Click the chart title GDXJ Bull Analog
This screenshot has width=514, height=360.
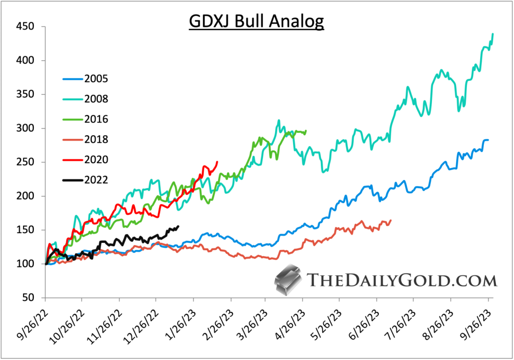point(257,21)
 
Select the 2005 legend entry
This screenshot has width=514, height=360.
point(96,78)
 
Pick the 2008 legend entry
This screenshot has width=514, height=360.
point(96,99)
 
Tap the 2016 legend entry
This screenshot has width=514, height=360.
point(96,119)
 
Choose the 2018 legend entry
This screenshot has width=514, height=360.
point(96,139)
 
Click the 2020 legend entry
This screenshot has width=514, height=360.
point(96,160)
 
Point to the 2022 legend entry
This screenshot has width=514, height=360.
point(96,180)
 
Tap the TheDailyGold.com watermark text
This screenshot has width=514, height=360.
point(401,280)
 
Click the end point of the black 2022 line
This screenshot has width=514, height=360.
point(179,226)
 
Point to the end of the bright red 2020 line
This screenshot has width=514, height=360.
point(218,162)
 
